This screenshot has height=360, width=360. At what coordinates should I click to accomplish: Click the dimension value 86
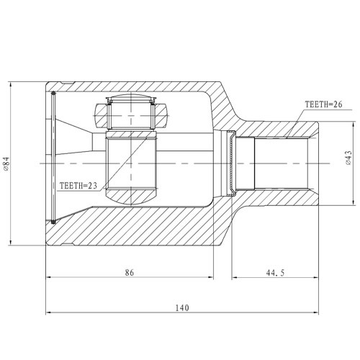(130, 273)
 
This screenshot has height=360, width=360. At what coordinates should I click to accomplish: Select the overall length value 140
(181, 307)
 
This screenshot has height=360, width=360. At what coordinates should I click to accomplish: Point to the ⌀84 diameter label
(6, 163)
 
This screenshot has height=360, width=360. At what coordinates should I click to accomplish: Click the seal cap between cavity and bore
(230, 163)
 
